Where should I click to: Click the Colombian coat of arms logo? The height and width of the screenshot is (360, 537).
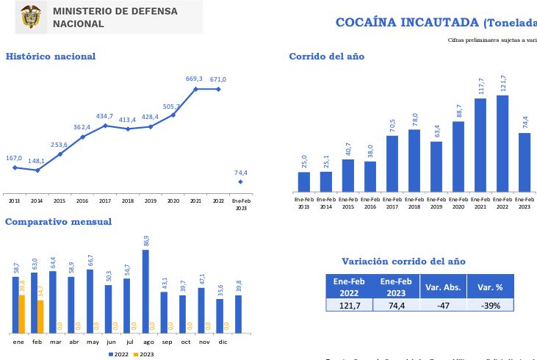point(31,17)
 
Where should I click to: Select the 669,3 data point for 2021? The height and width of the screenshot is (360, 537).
point(195,89)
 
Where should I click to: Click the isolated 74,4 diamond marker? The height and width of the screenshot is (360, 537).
point(240,181)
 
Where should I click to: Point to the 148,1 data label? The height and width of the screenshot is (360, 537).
point(37,161)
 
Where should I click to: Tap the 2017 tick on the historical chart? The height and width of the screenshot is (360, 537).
point(104,200)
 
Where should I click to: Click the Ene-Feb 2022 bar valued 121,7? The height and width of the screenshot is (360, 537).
point(502,143)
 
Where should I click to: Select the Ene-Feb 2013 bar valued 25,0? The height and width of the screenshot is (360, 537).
point(304,181)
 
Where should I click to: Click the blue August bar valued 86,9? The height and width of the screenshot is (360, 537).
point(145,291)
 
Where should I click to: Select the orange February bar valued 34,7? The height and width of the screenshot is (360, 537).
point(40,316)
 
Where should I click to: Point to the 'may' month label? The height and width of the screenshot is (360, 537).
point(93,342)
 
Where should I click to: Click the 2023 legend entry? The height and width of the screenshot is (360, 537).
point(143,354)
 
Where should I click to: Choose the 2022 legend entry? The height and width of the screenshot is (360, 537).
point(118,354)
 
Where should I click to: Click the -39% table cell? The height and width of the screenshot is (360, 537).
point(490,305)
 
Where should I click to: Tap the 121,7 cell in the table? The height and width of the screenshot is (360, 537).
point(350,305)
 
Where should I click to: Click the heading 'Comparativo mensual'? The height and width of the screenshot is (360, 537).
point(59,222)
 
